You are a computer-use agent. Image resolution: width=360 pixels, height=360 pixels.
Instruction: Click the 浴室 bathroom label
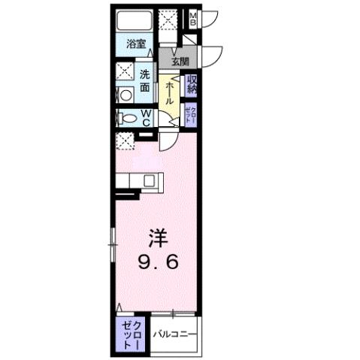tap(135, 44)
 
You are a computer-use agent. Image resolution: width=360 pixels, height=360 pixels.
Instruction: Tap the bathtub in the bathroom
tap(137, 20)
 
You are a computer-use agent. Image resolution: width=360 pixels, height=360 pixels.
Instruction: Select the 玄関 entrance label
tap(180, 62)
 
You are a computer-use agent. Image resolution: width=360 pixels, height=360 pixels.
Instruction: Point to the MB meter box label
tap(193, 20)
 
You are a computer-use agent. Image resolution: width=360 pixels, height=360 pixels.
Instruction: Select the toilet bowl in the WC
tap(129, 118)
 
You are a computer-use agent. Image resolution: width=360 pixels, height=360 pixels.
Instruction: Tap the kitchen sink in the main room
tap(150, 180)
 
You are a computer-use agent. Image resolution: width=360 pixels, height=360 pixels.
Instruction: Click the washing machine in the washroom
tap(125, 95)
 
